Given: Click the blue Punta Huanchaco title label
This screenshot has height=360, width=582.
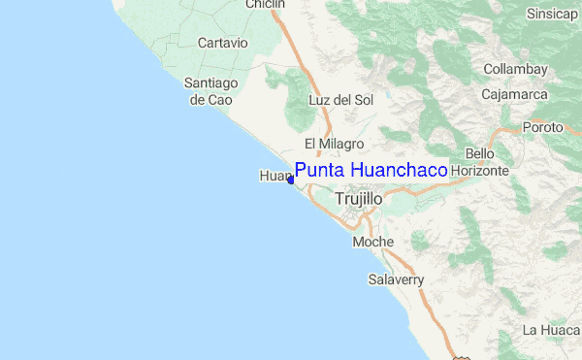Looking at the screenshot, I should [x=371, y=170].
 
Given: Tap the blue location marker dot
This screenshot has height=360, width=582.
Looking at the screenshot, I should [x=291, y=180].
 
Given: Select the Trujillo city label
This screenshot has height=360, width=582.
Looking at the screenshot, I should [x=358, y=198].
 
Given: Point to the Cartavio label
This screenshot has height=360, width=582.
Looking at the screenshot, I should [x=223, y=43].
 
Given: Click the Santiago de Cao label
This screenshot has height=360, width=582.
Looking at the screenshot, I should [x=210, y=91].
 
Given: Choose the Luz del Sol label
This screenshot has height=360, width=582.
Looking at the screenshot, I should [x=340, y=100].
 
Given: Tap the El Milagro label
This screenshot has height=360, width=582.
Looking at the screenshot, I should [x=334, y=144].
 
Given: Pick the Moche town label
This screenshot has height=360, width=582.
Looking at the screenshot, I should [x=373, y=242].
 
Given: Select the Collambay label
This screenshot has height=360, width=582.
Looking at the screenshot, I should [x=516, y=70].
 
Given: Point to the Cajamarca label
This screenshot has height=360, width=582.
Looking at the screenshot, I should [x=515, y=94].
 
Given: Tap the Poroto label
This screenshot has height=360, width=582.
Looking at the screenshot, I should [x=542, y=127].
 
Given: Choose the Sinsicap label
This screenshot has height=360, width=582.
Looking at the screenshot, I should [x=552, y=14].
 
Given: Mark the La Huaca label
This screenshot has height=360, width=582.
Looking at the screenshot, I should [x=551, y=331].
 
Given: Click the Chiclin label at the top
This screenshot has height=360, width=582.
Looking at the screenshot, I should [x=265, y=5].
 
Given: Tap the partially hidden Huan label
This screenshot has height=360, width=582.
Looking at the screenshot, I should [x=274, y=176].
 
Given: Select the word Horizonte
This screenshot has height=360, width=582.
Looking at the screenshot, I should [x=480, y=170].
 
